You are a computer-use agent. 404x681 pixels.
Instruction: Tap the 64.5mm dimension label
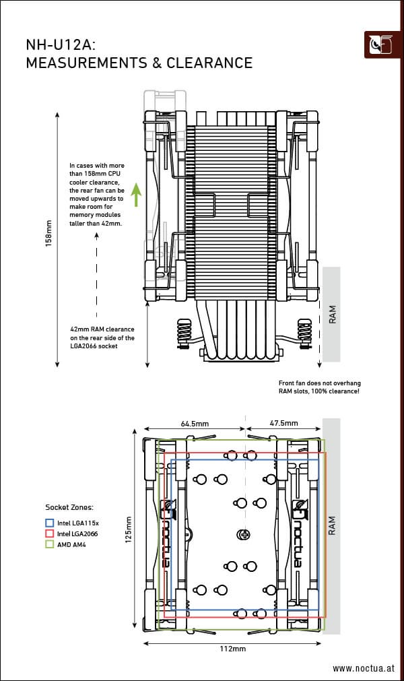195,424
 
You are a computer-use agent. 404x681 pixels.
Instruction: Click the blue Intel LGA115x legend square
49,522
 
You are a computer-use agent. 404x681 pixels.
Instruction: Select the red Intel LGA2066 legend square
49,533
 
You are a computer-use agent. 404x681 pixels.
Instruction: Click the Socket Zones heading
69,507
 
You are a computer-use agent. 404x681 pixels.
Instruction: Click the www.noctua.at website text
362,668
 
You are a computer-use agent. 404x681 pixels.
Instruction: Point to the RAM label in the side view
332,315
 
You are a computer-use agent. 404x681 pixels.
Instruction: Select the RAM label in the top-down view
331,526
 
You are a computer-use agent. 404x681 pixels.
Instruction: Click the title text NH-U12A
60,45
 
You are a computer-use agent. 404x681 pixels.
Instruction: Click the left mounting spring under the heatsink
183,333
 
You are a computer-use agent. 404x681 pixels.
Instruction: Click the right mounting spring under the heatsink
305,333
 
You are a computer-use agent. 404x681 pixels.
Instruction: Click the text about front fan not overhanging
318,387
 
